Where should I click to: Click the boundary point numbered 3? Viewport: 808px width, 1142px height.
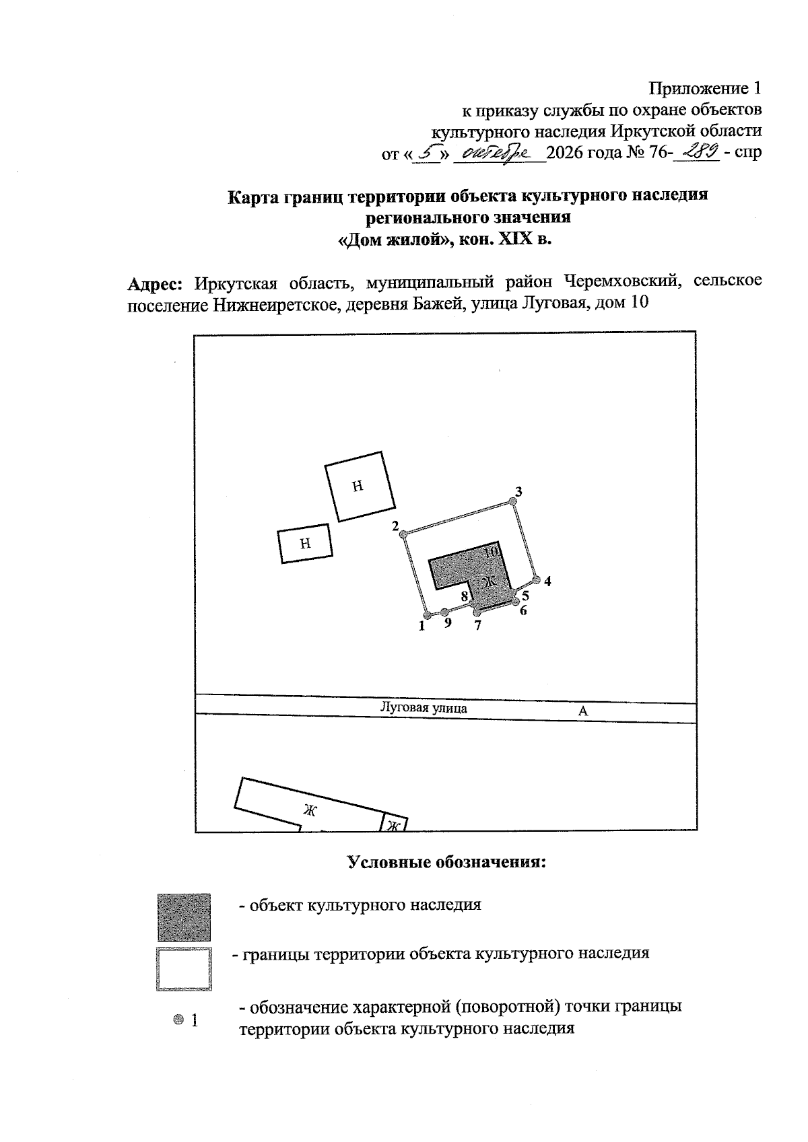tap(513, 501)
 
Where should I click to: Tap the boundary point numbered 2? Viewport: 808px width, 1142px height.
tap(403, 534)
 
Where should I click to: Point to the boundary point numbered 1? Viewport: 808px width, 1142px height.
tap(428, 615)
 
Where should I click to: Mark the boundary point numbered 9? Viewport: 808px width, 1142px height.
tap(445, 612)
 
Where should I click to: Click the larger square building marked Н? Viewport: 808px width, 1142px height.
tap(360, 487)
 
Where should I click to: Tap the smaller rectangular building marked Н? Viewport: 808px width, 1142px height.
tap(305, 544)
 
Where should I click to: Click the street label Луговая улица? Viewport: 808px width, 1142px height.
tap(424, 708)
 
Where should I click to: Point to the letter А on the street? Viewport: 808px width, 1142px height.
tap(583, 711)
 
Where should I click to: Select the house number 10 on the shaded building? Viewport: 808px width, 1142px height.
tap(491, 551)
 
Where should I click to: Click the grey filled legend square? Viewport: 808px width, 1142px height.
tap(184, 917)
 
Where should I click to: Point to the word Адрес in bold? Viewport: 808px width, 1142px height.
tap(155, 283)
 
